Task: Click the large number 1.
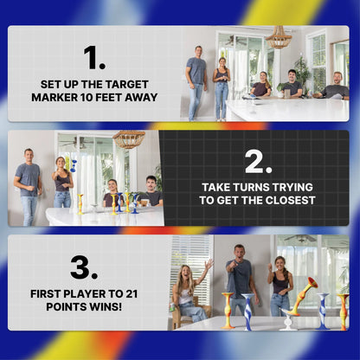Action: tap(93, 57)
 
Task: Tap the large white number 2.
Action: tap(259, 162)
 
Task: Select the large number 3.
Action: tap(84, 267)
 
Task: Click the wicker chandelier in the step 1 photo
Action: tap(279, 38)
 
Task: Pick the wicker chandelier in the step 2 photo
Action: tap(128, 138)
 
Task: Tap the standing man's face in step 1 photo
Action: tap(198, 52)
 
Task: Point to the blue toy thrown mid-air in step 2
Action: tap(74, 164)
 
